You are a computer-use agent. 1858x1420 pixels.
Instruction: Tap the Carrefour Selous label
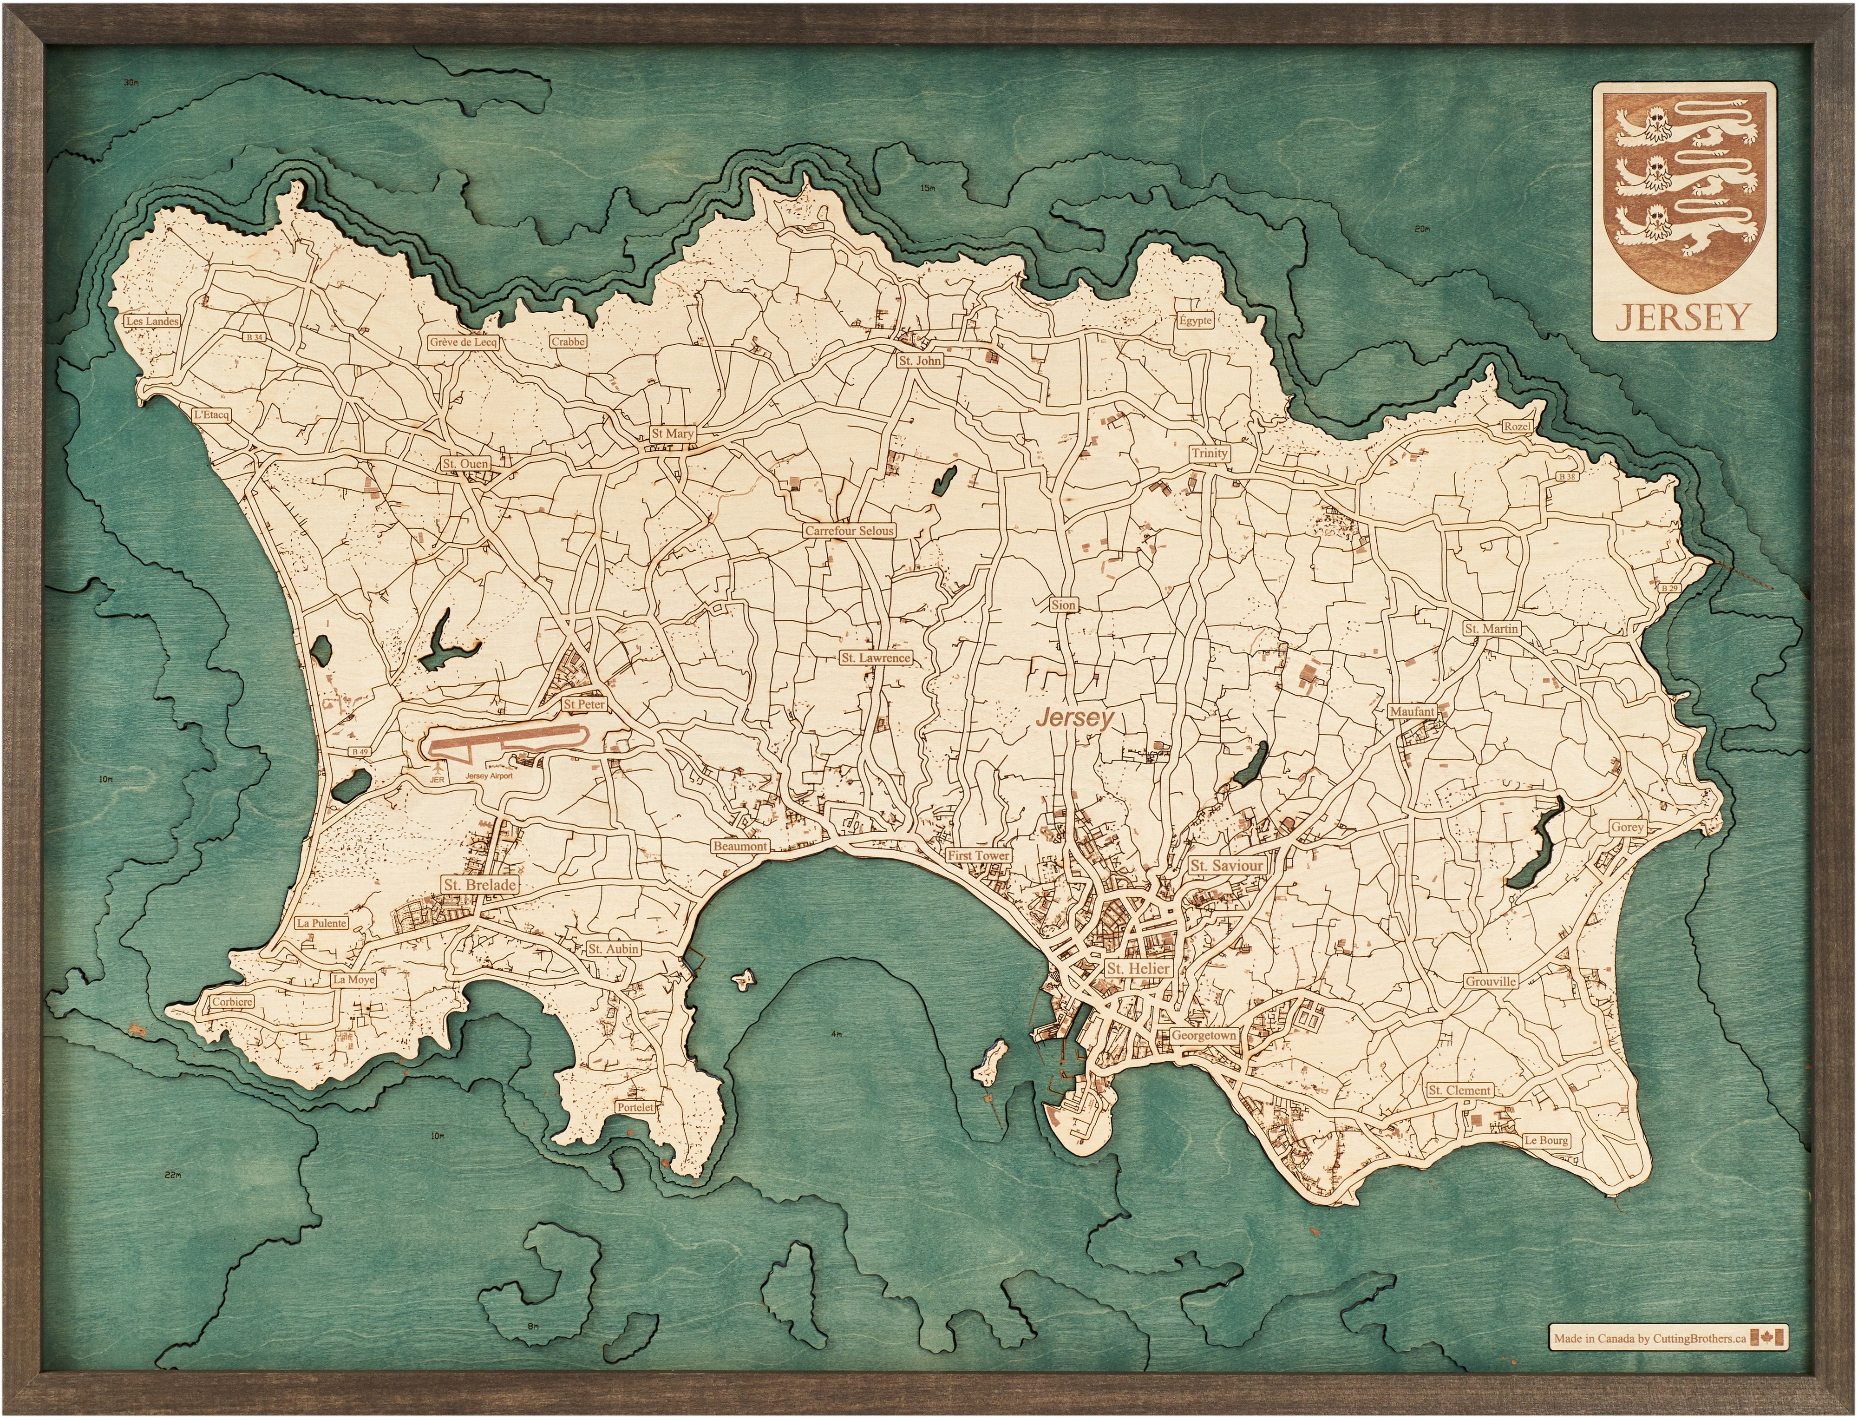848,531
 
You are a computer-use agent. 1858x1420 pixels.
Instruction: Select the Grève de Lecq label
463,342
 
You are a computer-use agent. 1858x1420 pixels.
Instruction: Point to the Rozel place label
1517,427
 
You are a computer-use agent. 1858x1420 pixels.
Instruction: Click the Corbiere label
231,1002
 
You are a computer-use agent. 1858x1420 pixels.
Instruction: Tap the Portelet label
635,1106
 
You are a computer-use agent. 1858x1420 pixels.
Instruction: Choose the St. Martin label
1492,629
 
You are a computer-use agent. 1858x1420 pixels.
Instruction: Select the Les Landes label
152,321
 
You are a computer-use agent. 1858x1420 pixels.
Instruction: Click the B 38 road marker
1567,477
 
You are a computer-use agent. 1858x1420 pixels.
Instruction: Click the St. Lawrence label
875,657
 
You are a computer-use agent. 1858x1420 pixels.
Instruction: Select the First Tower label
978,855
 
